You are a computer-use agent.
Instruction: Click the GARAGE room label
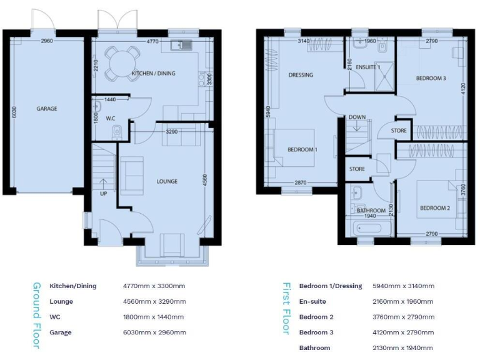46,109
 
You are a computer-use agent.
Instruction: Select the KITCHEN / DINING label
153,74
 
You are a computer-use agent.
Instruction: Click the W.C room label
110,118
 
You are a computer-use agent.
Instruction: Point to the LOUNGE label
167,182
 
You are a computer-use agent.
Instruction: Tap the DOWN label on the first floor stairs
357,117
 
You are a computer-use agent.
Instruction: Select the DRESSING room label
301,76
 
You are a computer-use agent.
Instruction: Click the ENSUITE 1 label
368,67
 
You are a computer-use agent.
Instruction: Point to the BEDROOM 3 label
431,79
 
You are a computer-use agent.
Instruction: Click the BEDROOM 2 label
435,208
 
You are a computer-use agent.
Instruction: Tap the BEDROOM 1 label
302,150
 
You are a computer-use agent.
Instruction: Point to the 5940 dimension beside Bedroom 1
268,112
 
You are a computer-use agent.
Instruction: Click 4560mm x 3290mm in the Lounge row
154,301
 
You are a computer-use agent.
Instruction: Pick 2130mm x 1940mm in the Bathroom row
403,347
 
